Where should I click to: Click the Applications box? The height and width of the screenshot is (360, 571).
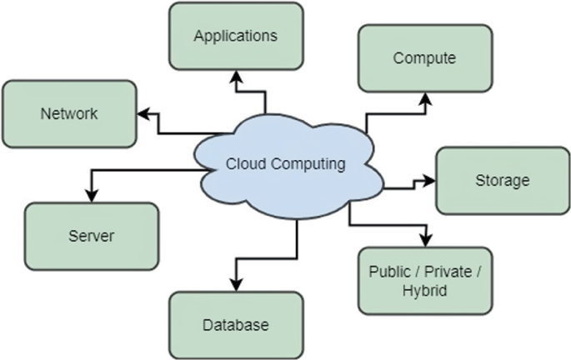pos(235,36)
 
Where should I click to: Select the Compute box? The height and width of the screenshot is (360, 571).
pos(424,58)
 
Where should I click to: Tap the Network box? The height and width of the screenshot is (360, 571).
pos(69,113)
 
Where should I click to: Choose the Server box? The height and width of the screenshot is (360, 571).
pos(91,236)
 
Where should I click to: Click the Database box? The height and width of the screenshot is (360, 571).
pos(235,324)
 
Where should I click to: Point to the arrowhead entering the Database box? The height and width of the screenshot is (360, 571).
pos(237,284)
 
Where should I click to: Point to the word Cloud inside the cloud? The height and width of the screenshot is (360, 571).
pos(243,164)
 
